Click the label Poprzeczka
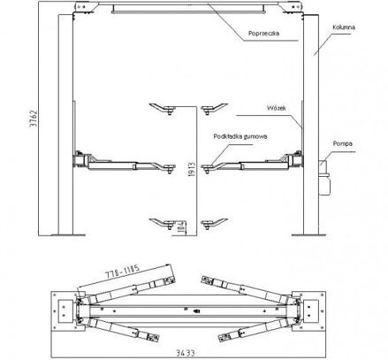[x=263, y=34]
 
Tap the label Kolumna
[x=344, y=27]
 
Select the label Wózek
[x=276, y=108]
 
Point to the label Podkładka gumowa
[x=240, y=136]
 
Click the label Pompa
[x=343, y=143]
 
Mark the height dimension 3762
[x=34, y=119]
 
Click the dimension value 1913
[x=192, y=170]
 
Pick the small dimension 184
[x=182, y=227]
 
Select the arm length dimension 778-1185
[x=123, y=272]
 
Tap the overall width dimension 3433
[x=186, y=353]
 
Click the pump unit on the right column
[x=324, y=178]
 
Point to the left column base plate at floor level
[x=68, y=235]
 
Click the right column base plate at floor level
[x=308, y=235]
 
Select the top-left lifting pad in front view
[x=163, y=109]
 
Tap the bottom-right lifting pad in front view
[x=214, y=224]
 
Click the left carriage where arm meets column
[x=81, y=159]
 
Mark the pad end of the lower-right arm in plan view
[x=227, y=337]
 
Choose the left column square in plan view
[x=65, y=311]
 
